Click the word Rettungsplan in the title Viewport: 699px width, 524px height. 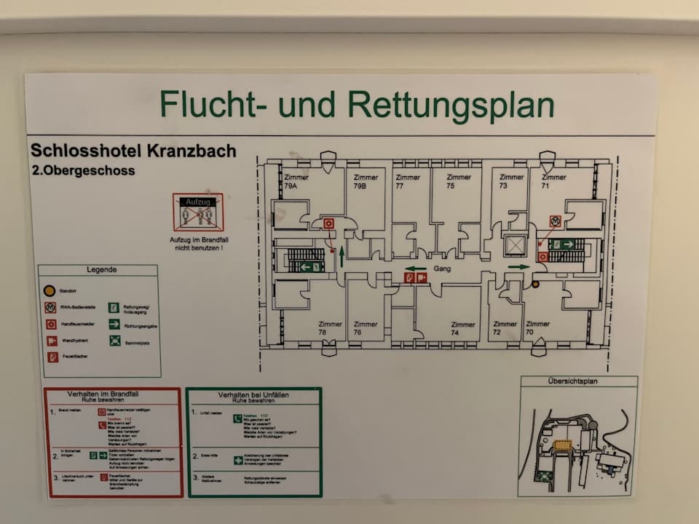tap(451, 105)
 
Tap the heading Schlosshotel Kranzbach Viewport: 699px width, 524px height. tap(133, 151)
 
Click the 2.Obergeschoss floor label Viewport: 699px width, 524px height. tap(83, 171)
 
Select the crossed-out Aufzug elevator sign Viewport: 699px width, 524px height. tap(197, 212)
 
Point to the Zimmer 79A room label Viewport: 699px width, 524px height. tap(296, 182)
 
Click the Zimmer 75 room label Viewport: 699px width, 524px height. tap(459, 181)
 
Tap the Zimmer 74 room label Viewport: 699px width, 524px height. tap(462, 329)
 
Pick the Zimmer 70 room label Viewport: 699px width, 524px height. tap(537, 328)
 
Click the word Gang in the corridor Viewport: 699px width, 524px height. tap(442, 269)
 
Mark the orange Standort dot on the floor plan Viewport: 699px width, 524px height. tap(535, 285)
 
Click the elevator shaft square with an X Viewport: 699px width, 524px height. tap(515, 245)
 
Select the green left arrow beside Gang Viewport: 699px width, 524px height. tap(416, 269)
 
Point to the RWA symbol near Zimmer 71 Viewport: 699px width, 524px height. tap(556, 220)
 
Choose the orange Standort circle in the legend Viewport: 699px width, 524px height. tap(50, 290)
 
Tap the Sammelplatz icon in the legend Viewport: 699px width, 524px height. tap(115, 340)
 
